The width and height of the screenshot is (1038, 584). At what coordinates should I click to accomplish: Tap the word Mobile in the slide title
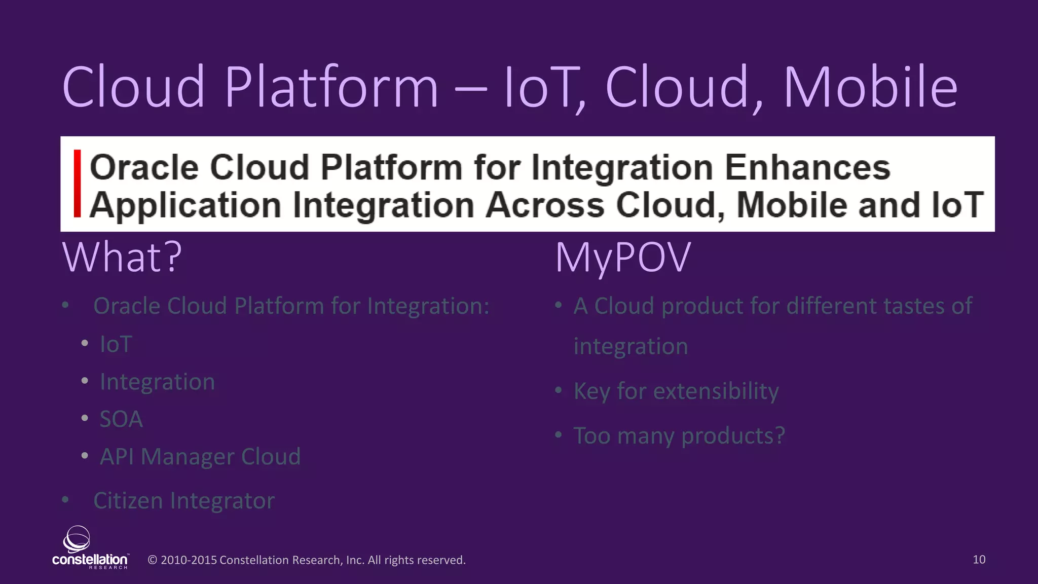coord(870,87)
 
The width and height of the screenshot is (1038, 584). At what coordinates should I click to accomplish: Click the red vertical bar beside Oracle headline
coord(77,184)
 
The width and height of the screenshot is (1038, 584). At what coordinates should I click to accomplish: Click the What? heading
coord(122,258)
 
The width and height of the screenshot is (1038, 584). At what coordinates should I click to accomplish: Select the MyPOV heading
coord(623,258)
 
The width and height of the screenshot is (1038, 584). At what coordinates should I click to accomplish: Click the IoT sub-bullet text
coord(116,344)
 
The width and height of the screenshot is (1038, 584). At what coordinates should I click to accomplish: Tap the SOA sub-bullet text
coord(121,419)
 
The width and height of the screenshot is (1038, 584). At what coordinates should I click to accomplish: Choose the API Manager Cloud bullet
coord(200,456)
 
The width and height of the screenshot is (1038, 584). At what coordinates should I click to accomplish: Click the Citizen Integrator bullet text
coord(184,501)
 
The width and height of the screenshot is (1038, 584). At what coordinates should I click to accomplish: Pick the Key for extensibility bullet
coord(676,391)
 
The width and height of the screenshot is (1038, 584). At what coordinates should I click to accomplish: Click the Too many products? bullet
coord(679,436)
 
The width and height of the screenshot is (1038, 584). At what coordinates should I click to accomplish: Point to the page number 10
coord(979,560)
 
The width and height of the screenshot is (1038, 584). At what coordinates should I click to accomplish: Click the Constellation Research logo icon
coord(77,539)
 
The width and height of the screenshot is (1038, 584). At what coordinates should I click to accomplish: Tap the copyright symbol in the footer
coord(152,560)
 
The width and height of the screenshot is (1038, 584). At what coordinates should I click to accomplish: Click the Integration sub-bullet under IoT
coord(157,382)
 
